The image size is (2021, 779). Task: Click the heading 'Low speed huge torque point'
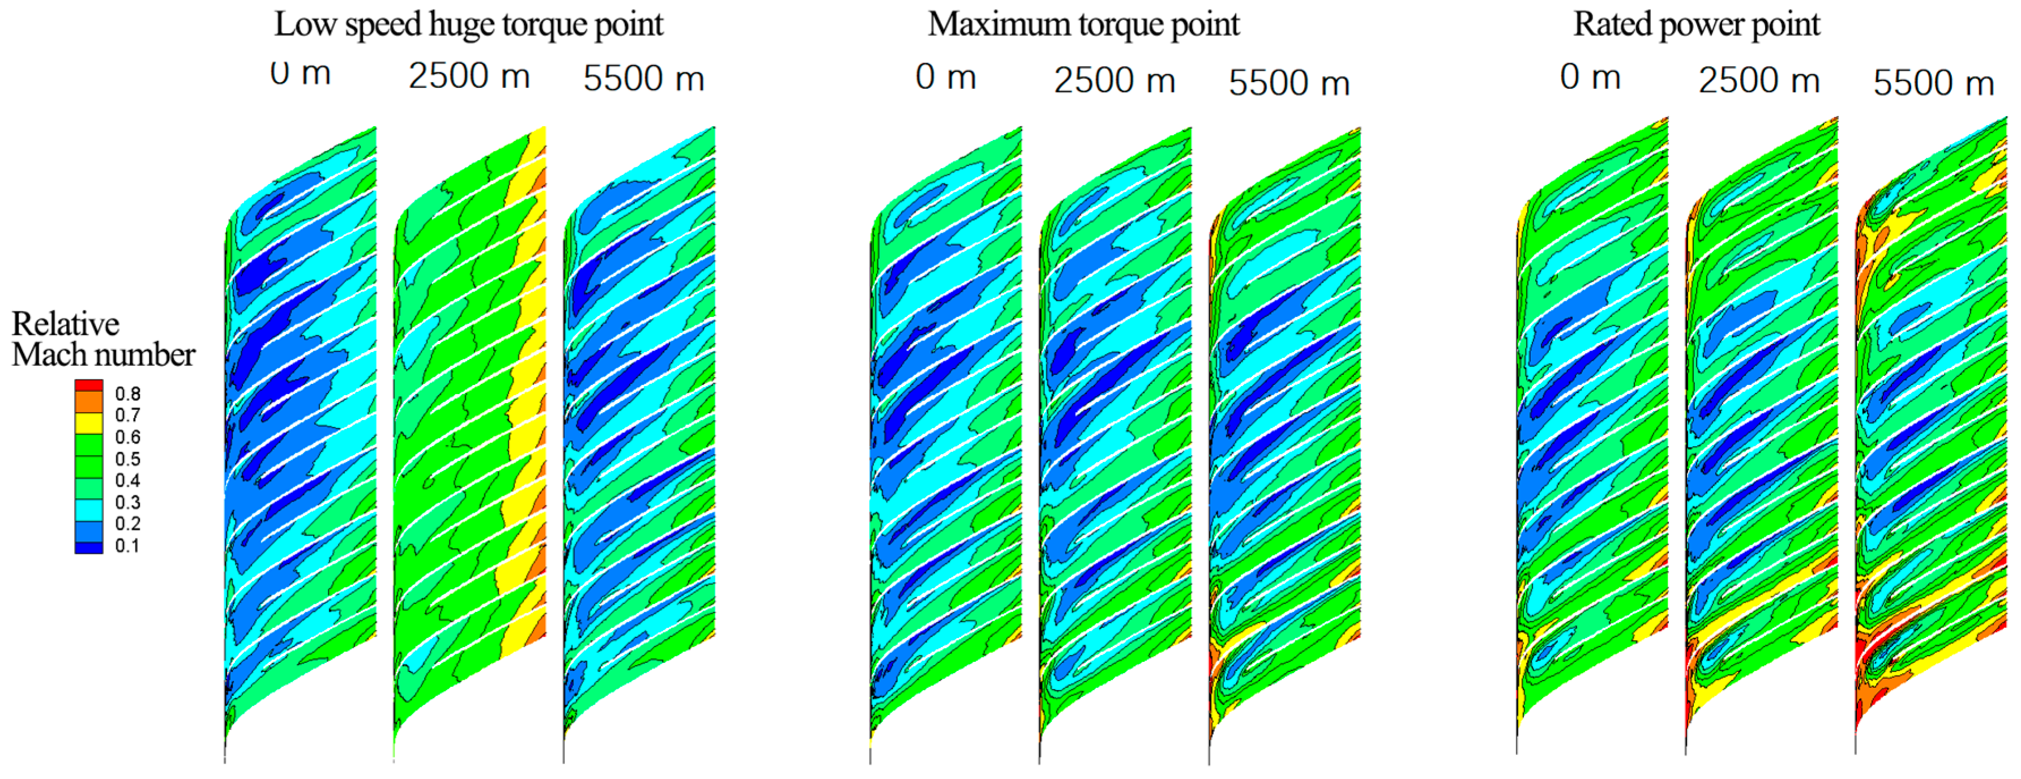[x=468, y=24]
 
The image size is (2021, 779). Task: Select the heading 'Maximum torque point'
[x=1084, y=24]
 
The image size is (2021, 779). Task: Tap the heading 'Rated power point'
[x=1696, y=24]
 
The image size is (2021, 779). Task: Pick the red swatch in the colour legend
[x=89, y=385]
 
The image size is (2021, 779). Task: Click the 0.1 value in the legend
[x=128, y=546]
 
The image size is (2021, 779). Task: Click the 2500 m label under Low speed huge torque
[x=469, y=77]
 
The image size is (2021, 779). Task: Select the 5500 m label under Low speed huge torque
[x=643, y=79]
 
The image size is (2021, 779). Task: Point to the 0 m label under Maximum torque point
[x=945, y=77]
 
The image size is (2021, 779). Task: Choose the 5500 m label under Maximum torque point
[x=1289, y=83]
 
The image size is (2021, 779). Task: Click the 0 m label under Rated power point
[x=1590, y=77]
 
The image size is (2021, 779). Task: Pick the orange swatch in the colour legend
[x=89, y=401]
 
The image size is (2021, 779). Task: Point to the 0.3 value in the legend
[x=128, y=503]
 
